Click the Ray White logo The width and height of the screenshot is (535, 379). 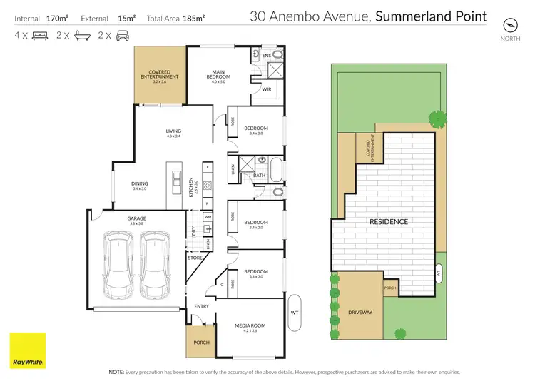[27, 350]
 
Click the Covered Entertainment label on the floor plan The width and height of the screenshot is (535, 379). [158, 75]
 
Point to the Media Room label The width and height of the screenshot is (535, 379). [250, 328]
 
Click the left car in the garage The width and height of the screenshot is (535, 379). [117, 267]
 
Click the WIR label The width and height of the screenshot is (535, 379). [266, 90]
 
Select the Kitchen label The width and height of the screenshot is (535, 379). [191, 187]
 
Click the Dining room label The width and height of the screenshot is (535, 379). [139, 186]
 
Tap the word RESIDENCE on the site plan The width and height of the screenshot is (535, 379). [389, 222]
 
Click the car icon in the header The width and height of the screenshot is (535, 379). [123, 35]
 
